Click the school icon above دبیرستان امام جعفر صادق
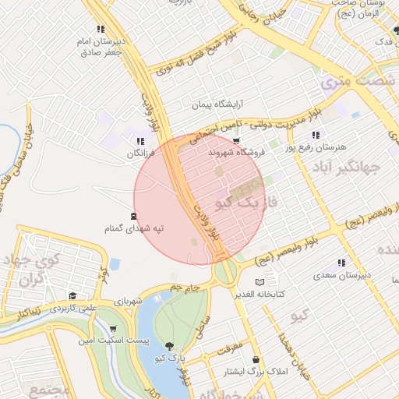[x=101, y=29]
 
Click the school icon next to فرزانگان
[x=140, y=141]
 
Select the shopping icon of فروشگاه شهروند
[x=236, y=140]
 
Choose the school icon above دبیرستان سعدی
[x=341, y=263]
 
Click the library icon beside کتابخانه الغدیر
[x=260, y=281]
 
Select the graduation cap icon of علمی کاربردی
[x=72, y=296]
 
